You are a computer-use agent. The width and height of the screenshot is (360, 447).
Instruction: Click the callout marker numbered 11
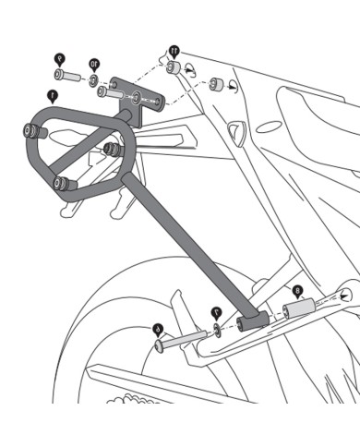tap(174, 47)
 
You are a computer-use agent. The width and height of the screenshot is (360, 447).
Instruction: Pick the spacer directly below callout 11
tap(173, 68)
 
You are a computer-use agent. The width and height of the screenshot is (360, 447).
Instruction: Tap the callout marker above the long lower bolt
tap(157, 327)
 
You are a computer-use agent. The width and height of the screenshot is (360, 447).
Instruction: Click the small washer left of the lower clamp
tap(215, 329)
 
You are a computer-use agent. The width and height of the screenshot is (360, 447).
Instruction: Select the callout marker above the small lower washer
tap(214, 311)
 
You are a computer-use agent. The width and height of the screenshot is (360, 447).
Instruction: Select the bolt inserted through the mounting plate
tap(111, 92)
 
